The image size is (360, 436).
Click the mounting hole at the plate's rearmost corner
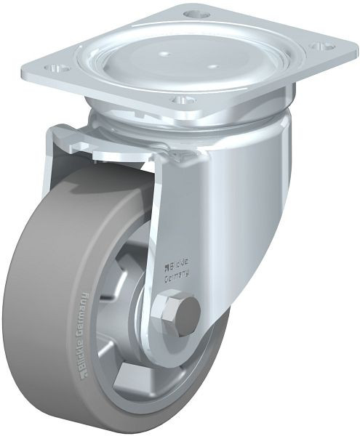(x=193, y=14)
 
